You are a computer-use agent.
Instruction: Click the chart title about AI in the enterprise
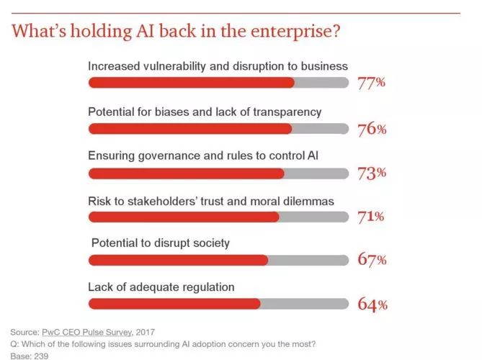tap(176, 32)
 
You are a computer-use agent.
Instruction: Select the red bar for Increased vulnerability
tap(191, 83)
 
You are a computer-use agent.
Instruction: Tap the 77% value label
tap(372, 84)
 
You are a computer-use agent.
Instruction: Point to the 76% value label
tap(372, 130)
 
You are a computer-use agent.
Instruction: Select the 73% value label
tap(372, 173)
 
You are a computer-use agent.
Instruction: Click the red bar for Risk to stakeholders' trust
tap(183, 217)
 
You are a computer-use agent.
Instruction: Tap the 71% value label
tap(372, 217)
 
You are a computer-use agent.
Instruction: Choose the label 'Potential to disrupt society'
tap(161, 243)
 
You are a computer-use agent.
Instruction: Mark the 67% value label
tap(372, 260)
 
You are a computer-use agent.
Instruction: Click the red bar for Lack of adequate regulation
tap(174, 304)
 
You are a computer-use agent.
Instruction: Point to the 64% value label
tap(372, 304)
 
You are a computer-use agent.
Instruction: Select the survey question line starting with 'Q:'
tap(163, 343)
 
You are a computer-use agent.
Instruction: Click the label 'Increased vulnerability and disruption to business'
tap(218, 66)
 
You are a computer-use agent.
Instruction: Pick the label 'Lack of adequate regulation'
tap(161, 287)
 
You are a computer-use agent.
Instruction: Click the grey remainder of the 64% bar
tap(303, 304)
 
